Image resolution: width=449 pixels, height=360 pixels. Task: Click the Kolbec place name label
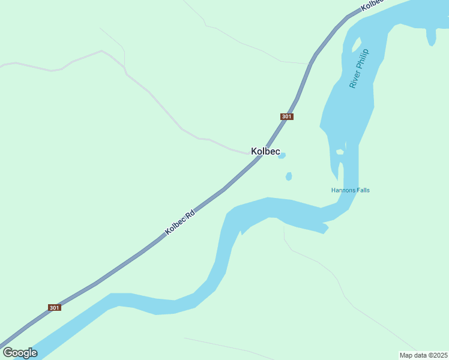[265, 151]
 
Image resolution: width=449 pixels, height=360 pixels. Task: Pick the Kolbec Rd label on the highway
[180, 222]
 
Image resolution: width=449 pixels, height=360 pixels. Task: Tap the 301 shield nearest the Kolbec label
[287, 116]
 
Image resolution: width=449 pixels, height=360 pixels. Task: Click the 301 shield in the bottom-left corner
[55, 308]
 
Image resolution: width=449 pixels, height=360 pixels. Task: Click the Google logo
[20, 352]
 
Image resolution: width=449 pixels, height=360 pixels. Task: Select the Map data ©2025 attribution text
[423, 355]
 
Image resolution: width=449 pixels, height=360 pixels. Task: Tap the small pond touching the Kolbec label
[282, 156]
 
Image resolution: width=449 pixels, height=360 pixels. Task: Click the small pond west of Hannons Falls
[289, 176]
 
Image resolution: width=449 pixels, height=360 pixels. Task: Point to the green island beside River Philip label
[356, 46]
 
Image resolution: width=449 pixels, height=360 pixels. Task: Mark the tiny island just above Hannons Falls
[340, 152]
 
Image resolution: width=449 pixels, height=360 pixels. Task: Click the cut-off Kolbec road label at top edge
[372, 4]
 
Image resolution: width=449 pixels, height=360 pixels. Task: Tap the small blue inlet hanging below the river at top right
[431, 37]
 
